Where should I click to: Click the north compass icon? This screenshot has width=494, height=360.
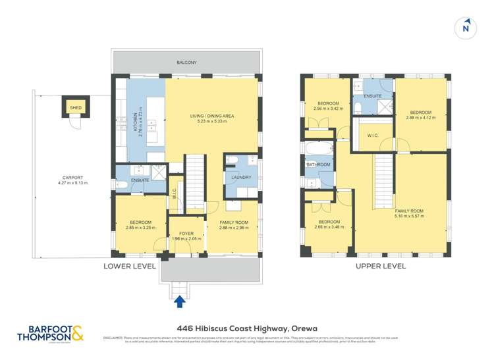click(466, 28)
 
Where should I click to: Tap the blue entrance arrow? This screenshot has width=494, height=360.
click(179, 301)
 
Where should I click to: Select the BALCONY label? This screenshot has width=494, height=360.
click(186, 63)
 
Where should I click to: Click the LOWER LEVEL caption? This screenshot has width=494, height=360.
click(130, 267)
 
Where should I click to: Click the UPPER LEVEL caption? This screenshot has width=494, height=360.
click(380, 267)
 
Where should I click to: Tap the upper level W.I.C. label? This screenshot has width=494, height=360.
click(371, 136)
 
